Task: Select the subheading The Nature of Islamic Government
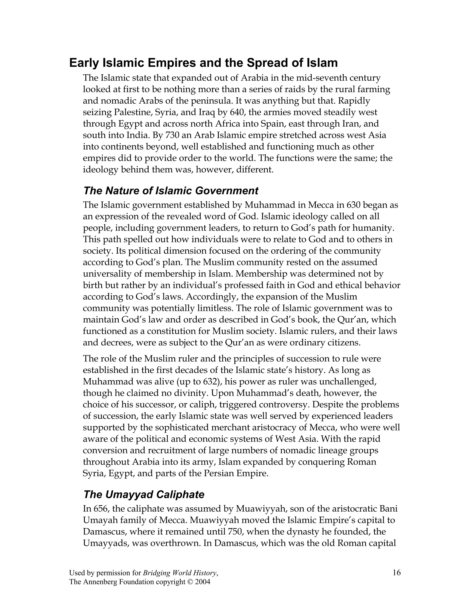(x=171, y=191)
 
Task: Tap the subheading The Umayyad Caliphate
(x=144, y=494)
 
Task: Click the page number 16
(x=397, y=573)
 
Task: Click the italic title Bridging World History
(x=180, y=573)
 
